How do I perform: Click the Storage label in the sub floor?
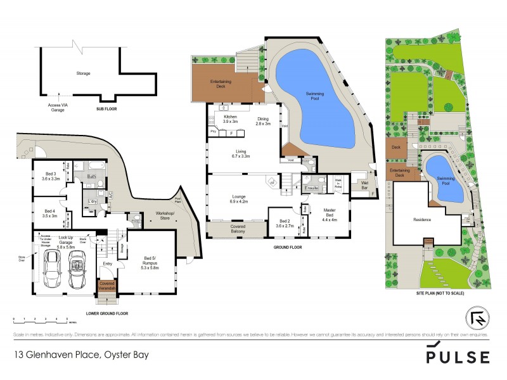tap(83, 73)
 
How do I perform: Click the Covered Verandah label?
tap(107, 286)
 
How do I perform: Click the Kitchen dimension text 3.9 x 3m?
tap(230, 123)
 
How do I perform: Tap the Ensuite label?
tap(311, 188)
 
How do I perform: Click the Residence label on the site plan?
tap(422, 220)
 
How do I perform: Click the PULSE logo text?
tap(457, 357)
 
